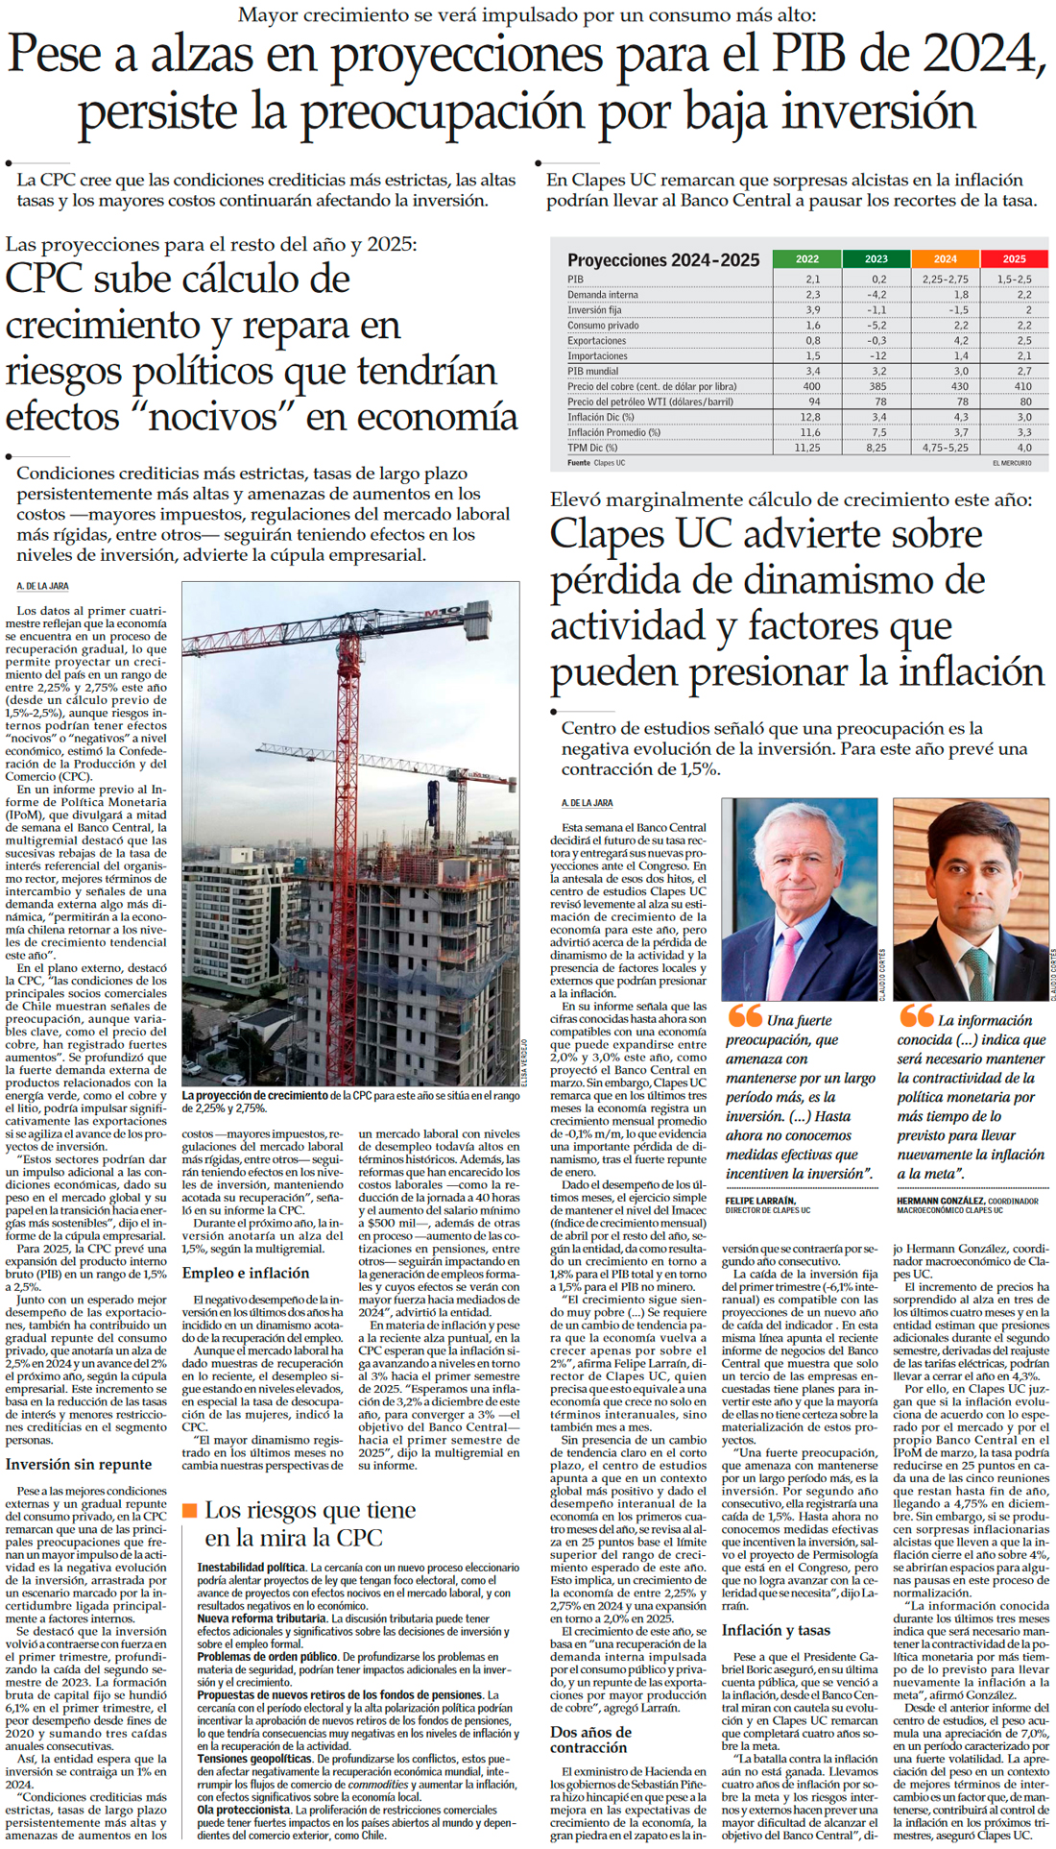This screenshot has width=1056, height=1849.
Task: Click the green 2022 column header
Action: pos(807,258)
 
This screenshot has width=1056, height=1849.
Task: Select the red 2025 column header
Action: pos(1014,258)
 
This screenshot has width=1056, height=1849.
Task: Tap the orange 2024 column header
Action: pos(945,258)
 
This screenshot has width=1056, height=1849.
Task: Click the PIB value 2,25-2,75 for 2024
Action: pos(945,280)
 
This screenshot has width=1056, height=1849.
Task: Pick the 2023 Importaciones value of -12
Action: pos(877,356)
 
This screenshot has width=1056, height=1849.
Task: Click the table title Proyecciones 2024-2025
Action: pos(663,260)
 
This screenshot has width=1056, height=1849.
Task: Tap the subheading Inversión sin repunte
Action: pos(79,1464)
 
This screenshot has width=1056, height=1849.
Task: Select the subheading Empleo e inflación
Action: pos(246,1273)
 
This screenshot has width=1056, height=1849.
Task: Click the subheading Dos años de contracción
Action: pos(590,1740)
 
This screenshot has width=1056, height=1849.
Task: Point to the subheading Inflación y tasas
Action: pos(776,1630)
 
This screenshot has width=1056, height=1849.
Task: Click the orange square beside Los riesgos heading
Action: pos(189,1511)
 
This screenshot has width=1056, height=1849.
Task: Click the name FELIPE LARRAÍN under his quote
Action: pos(760,1201)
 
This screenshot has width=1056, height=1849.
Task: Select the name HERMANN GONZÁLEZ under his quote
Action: pos(940,1201)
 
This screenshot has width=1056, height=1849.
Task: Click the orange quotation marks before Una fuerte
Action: pos(745,1016)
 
